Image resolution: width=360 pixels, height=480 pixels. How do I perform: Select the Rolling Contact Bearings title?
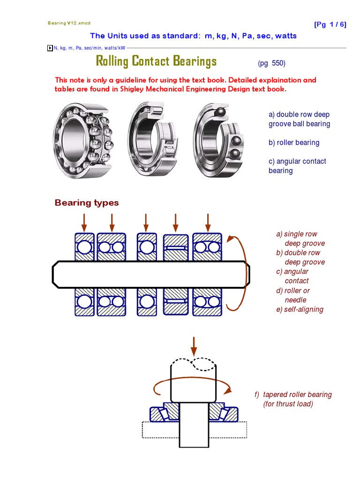tap(156, 61)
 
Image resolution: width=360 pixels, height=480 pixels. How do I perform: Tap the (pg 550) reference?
tap(271, 63)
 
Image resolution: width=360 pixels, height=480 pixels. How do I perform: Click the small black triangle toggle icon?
tap(50, 48)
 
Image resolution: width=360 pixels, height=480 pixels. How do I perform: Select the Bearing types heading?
tap(87, 202)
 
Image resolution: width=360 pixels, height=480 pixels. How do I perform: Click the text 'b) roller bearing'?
tap(294, 142)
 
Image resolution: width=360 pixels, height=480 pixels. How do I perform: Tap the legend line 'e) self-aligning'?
tap(300, 309)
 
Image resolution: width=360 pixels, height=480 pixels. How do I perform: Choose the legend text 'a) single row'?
tap(297, 234)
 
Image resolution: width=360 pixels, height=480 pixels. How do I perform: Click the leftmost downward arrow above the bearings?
tap(84, 222)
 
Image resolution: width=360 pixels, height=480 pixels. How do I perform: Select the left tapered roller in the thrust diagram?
tap(164, 412)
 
